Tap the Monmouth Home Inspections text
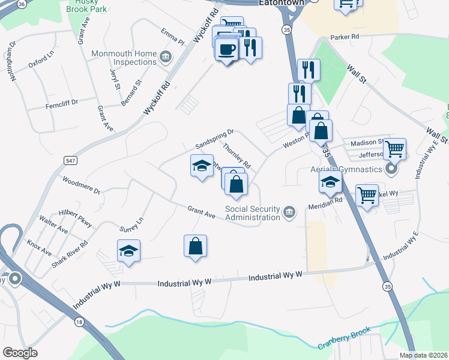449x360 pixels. (x=124, y=58)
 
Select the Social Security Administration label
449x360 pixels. (x=252, y=213)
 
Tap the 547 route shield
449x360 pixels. (x=71, y=160)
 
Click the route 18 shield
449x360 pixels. (x=79, y=323)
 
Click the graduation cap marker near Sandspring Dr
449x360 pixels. (x=202, y=166)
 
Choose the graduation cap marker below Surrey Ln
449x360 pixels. (x=128, y=250)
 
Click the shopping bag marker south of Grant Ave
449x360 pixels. (x=195, y=245)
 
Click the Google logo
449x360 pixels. (x=20, y=353)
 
